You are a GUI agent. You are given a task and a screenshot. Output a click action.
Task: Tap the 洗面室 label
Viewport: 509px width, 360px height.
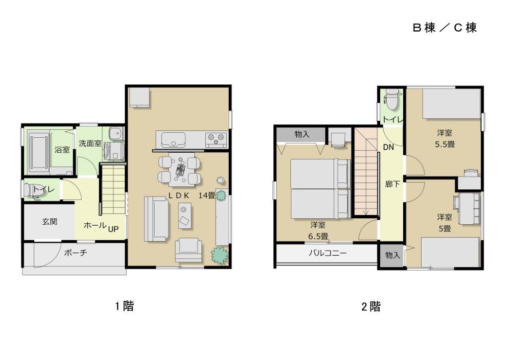click(90, 144)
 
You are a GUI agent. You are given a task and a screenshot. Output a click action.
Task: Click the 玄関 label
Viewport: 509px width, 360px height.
click(49, 222)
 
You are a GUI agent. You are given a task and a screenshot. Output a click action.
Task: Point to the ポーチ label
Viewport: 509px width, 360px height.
click(76, 253)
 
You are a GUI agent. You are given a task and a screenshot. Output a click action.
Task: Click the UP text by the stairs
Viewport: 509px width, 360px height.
click(113, 229)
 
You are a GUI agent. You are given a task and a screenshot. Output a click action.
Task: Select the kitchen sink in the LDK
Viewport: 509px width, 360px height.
click(171, 138)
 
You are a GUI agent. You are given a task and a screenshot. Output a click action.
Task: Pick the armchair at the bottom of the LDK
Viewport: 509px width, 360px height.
click(189, 249)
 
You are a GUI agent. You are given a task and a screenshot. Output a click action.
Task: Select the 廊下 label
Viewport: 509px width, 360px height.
click(392, 184)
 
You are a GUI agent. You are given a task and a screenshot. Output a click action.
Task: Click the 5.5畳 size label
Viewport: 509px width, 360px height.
click(444, 145)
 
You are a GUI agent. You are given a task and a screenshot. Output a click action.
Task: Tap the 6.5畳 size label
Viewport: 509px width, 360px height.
click(318, 235)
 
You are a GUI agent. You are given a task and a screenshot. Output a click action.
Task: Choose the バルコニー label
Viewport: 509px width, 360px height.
click(328, 253)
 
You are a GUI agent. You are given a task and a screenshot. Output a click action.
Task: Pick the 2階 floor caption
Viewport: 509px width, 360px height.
click(371, 307)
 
